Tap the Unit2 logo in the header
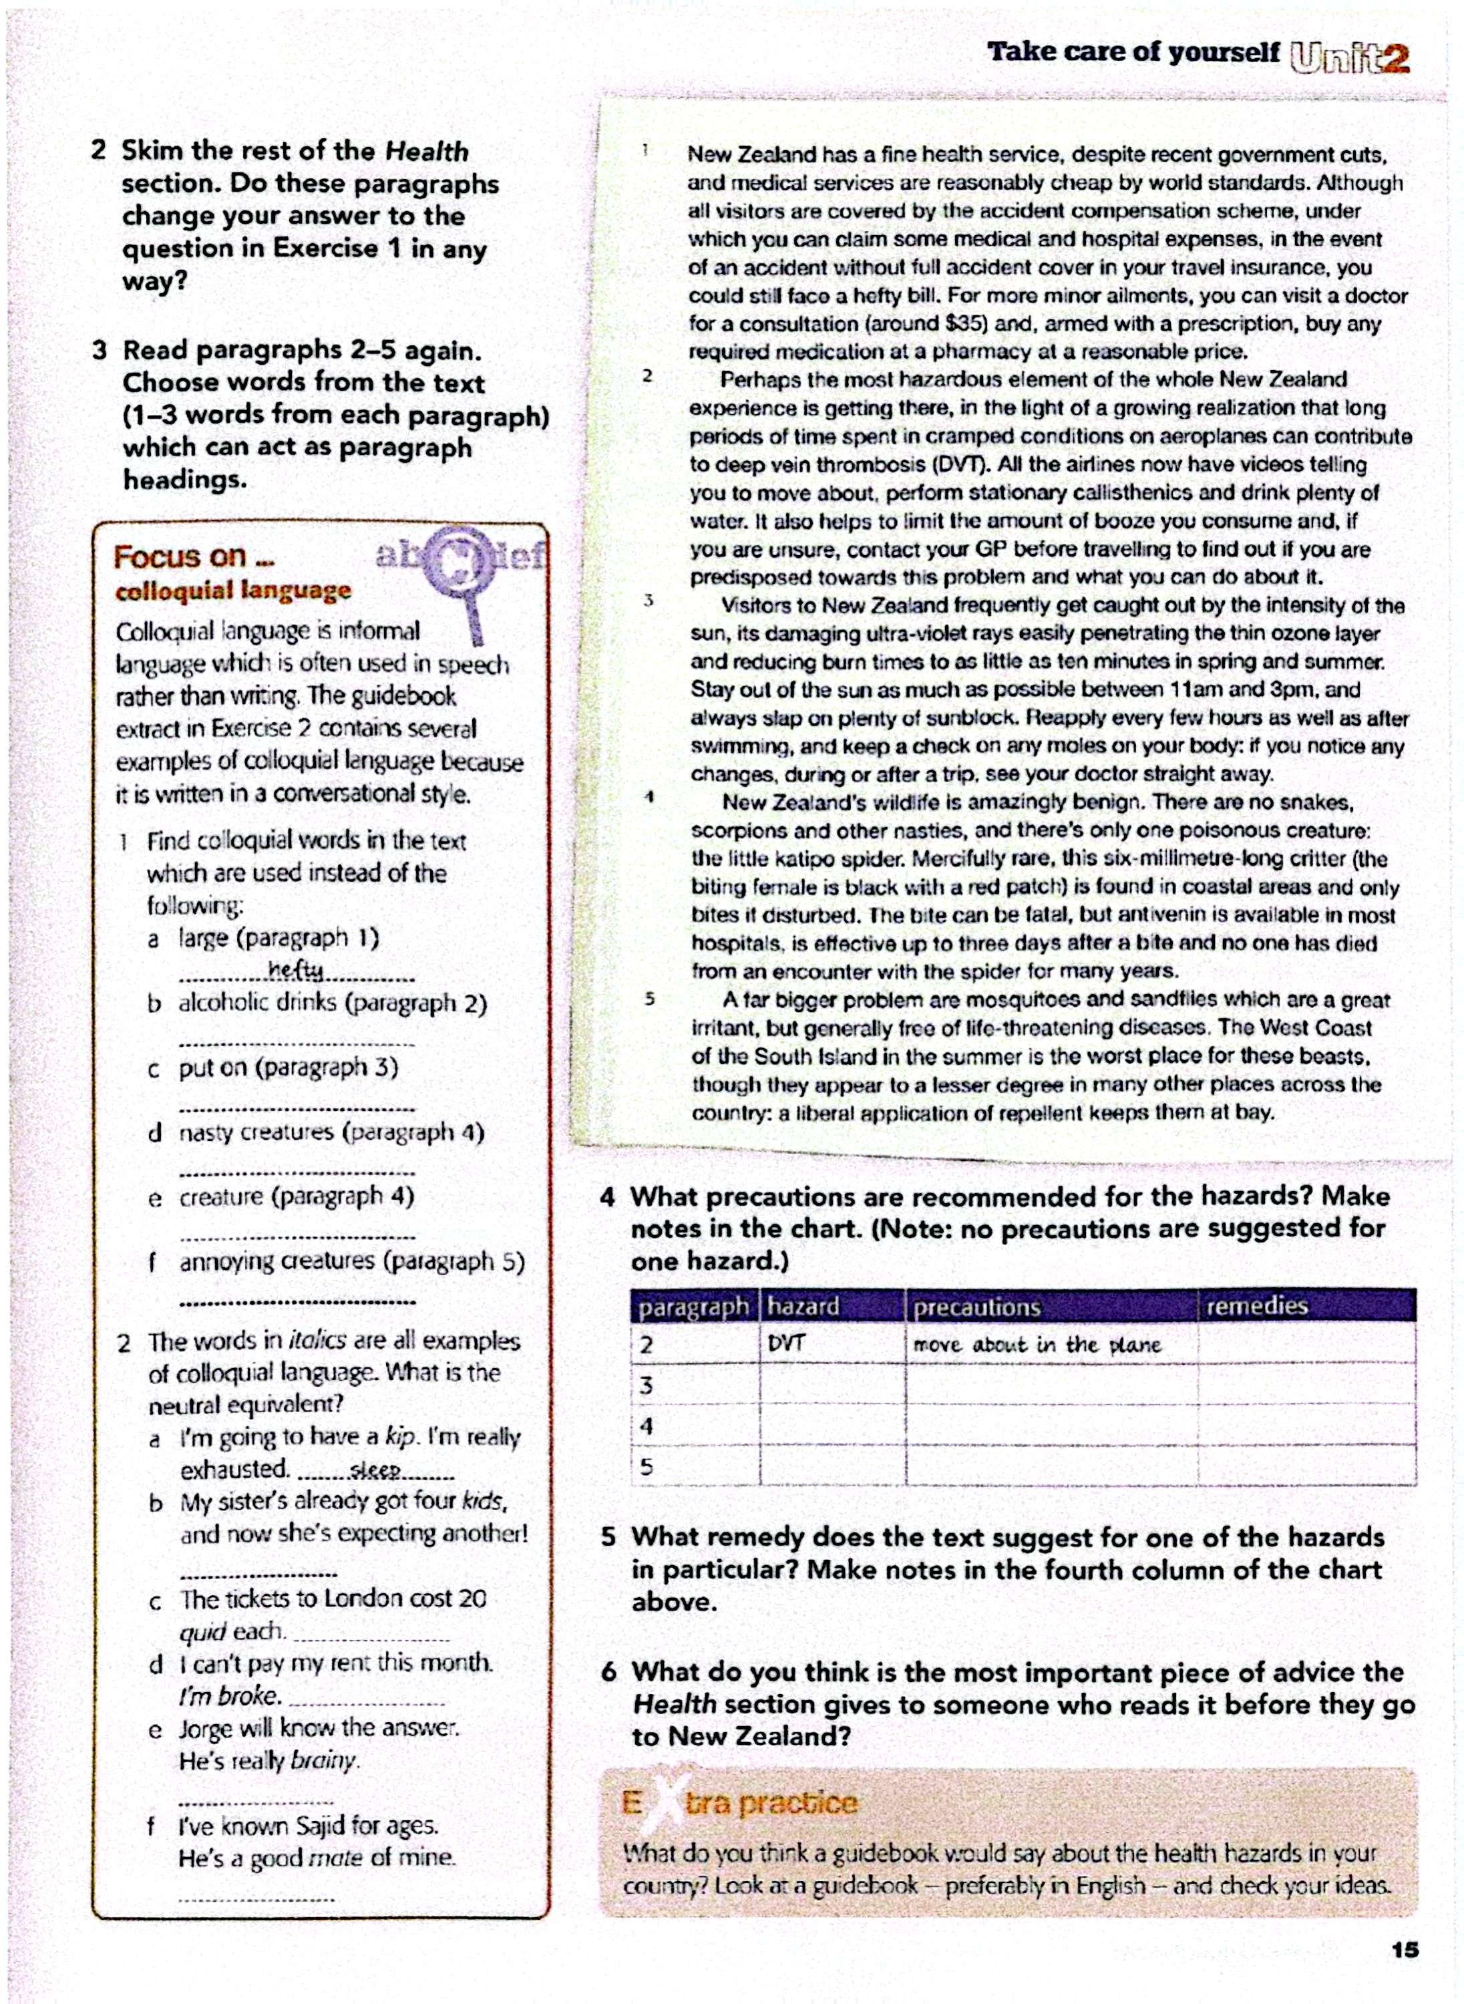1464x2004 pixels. (x=1350, y=57)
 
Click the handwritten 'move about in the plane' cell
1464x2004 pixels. (x=1036, y=1345)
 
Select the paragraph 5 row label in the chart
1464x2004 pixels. (x=647, y=1467)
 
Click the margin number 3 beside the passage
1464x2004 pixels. (x=649, y=601)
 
